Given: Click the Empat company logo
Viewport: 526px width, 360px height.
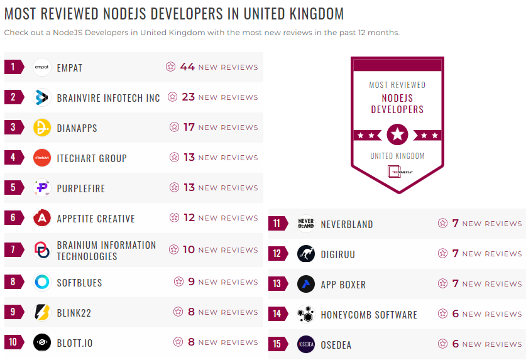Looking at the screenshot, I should pos(42,67).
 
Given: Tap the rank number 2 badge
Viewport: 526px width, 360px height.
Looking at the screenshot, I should pos(13,97).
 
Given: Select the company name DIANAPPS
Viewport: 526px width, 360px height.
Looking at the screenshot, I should pos(77,128).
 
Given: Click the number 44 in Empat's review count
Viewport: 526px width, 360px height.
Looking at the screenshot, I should pos(187,67).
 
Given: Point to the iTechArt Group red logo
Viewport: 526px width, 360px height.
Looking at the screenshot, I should pos(42,158).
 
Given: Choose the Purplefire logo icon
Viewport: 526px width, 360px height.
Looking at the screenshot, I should pos(42,188).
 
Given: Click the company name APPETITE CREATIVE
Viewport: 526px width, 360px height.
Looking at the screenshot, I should pos(96,219).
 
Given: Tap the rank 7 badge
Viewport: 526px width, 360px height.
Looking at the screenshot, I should pos(13,250).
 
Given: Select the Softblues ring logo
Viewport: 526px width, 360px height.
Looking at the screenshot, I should pos(42,282).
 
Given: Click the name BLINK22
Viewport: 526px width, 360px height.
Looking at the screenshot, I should pos(74,313).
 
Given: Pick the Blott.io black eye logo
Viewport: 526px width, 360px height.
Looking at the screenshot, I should pos(42,342).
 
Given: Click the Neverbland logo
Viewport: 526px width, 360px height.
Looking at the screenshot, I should pos(306,224).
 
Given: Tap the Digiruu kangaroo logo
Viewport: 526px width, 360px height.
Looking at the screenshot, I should pos(306,254).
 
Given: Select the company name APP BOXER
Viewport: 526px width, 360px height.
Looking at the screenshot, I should pos(343,285).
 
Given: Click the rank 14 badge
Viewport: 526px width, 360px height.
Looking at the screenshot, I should pos(277,314).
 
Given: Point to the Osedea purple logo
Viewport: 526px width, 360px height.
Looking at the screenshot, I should pos(306,344).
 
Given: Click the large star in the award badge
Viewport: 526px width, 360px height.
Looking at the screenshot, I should pos(397,134).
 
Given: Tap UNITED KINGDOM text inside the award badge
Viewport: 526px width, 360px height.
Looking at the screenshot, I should pos(397,156).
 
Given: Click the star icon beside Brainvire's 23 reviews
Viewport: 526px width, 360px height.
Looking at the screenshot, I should pos(170,97).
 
